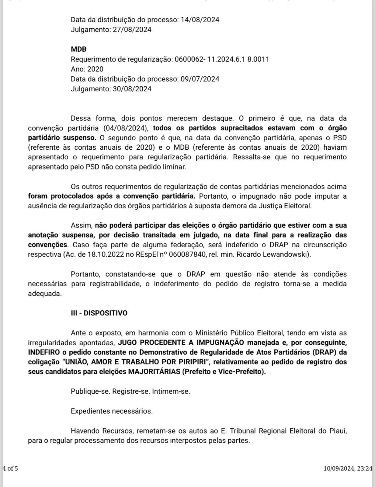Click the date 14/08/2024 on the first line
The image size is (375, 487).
pos(200,20)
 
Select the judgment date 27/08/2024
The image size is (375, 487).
pos(132,30)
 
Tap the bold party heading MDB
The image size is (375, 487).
pos(79,49)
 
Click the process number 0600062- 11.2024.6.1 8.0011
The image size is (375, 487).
pos(222,59)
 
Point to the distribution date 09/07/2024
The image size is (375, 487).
pos(200,79)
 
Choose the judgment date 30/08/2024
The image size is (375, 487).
pos(132,89)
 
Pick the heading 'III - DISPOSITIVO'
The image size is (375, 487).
pos(99,313)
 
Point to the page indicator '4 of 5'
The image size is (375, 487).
pos(10,468)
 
